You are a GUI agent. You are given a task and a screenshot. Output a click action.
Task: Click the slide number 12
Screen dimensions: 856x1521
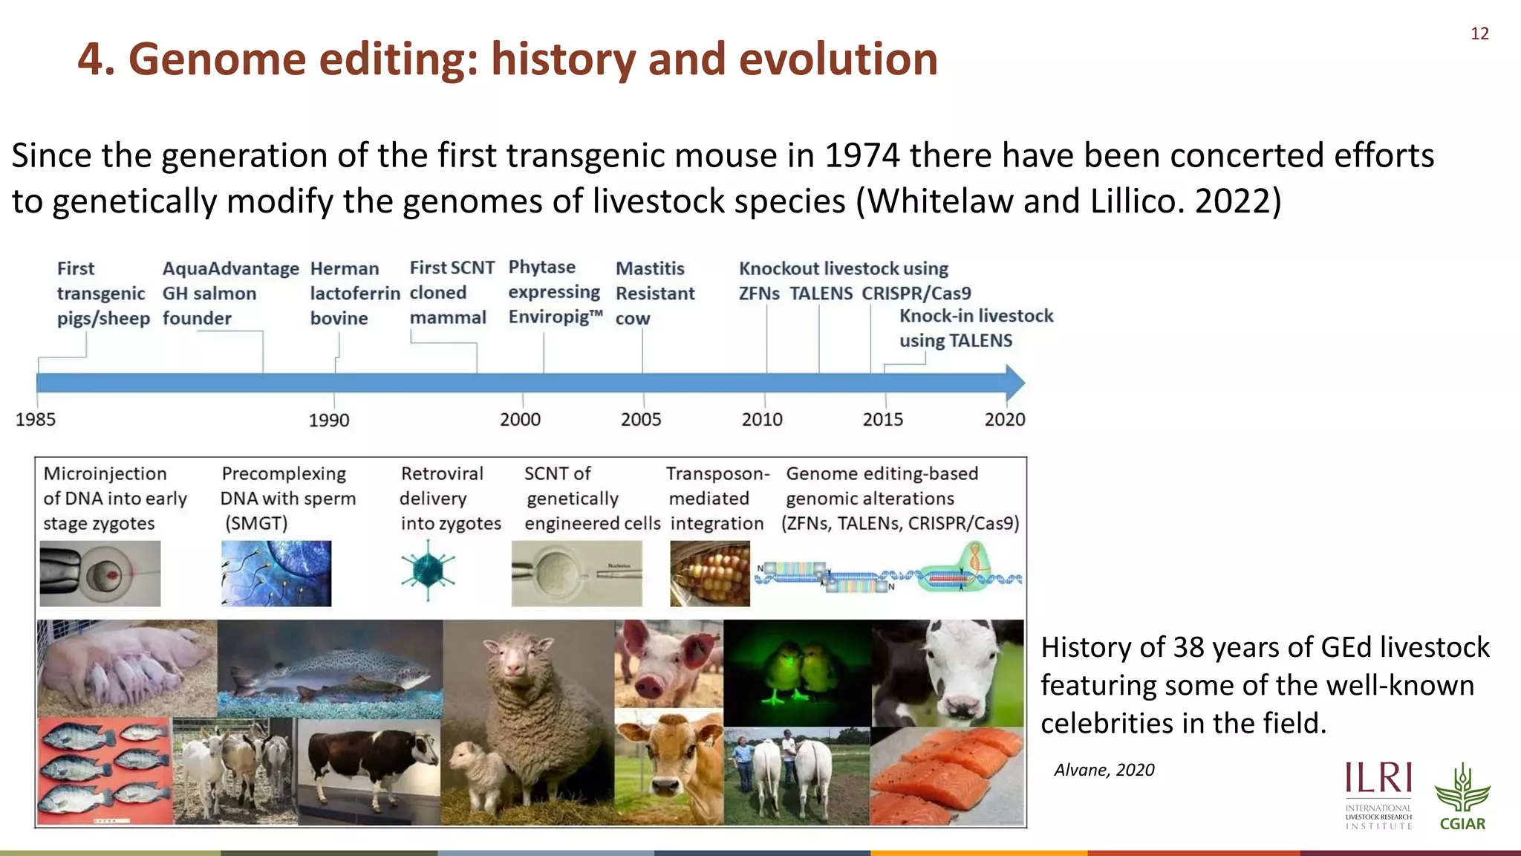pos(1479,33)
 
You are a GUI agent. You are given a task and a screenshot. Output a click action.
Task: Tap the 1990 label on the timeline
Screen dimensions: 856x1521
pos(329,421)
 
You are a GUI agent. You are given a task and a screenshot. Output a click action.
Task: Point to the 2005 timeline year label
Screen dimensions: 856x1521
pos(641,420)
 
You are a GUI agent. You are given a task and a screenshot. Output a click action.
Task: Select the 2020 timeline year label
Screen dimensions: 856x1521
pos(1004,420)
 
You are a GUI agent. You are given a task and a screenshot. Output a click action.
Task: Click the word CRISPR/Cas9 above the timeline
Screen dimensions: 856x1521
pos(916,294)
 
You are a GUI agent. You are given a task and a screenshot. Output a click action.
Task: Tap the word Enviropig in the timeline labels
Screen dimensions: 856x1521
pos(550,317)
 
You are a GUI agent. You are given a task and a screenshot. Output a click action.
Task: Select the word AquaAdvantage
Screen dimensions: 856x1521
pos(230,269)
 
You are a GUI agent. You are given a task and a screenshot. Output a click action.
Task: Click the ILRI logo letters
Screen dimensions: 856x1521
pos(1378,778)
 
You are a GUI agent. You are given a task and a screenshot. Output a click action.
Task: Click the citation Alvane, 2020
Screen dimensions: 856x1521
pos(1104,770)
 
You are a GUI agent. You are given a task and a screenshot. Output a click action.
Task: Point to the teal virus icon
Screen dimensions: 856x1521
pos(428,572)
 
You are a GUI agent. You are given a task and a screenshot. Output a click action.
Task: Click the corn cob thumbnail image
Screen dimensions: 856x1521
pos(709,574)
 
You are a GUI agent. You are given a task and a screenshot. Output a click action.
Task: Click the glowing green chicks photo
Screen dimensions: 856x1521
pos(797,672)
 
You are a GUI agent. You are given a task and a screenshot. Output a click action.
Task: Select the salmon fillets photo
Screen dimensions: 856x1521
pos(947,776)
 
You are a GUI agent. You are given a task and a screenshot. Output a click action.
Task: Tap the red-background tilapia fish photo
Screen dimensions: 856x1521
pos(104,771)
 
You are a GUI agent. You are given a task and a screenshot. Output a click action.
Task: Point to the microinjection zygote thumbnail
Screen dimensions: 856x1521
pos(100,574)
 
